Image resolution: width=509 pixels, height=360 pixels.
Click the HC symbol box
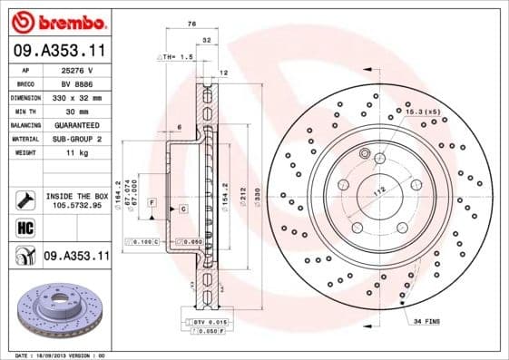coord(22,226)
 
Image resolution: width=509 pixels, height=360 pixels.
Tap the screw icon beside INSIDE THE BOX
coord(22,197)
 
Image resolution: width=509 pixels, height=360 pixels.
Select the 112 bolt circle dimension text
coord(379,190)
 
